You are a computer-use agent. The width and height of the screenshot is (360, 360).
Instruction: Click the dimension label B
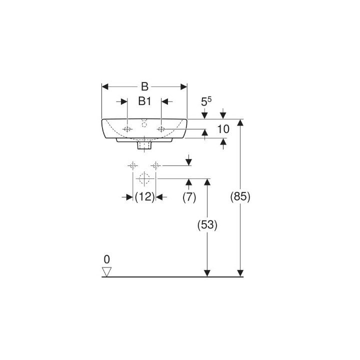(x=144, y=86)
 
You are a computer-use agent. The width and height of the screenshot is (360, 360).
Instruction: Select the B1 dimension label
(x=144, y=101)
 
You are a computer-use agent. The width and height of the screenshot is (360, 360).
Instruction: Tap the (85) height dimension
(x=240, y=197)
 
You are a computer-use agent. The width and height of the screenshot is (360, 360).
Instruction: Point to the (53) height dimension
(x=207, y=225)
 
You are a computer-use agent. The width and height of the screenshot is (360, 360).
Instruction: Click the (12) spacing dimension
(x=144, y=197)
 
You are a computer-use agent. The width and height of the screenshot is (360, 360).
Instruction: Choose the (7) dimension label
(x=188, y=197)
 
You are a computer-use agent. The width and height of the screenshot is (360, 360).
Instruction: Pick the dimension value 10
(x=223, y=129)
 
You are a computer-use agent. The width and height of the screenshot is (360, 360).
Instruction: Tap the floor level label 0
(x=106, y=259)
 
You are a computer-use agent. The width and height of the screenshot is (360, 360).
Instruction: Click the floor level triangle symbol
(x=106, y=271)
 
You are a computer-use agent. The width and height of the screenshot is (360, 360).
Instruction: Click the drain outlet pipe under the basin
(x=144, y=146)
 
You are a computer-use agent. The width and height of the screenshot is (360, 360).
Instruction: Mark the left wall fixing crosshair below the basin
(x=132, y=165)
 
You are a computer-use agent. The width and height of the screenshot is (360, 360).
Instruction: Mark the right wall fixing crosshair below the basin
(x=156, y=165)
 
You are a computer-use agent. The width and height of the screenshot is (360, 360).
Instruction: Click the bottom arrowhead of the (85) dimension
(x=240, y=272)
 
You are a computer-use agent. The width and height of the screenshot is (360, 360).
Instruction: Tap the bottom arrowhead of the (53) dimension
(x=207, y=272)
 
